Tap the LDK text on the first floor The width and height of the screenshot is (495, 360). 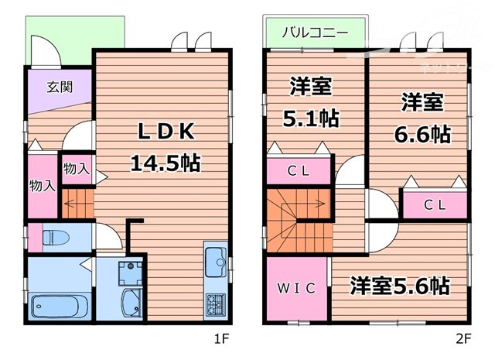tap(165, 132)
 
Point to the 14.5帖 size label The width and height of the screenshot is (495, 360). tap(165, 163)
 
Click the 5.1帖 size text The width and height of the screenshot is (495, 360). tap(312, 119)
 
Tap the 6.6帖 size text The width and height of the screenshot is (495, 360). tap(422, 133)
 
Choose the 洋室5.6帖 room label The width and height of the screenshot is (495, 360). tap(399, 286)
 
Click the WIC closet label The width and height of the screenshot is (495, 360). tap(296, 289)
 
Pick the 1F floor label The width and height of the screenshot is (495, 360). tap(221, 338)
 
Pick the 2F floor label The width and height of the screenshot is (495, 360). tap(463, 338)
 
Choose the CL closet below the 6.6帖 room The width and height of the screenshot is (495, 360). tap(435, 204)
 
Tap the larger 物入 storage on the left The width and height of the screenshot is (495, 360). tap(42, 186)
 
